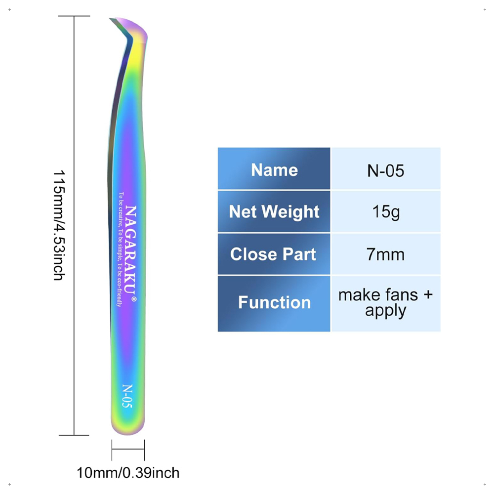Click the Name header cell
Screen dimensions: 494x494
pos(274,168)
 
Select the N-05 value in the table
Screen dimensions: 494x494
pos(386,168)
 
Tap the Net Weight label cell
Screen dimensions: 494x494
pos(274,211)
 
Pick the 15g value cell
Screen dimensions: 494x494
pos(386,211)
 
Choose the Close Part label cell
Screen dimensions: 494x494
pos(274,254)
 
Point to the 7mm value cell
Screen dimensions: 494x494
pos(386,254)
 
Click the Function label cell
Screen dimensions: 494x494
pos(274,304)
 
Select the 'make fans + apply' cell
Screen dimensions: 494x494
pos(386,304)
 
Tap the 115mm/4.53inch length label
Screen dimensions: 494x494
pos(59,225)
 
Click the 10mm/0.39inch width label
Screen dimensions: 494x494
pos(128,473)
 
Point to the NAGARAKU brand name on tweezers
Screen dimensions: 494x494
pos(131,249)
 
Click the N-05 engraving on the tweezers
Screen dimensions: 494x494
pos(127,396)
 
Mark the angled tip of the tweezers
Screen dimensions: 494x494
pos(111,19)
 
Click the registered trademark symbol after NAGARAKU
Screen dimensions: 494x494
pos(134,299)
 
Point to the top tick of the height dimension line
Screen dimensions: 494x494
pos(74,16)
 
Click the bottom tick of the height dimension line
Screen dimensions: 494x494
pos(74,435)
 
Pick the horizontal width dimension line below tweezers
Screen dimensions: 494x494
pos(128,449)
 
